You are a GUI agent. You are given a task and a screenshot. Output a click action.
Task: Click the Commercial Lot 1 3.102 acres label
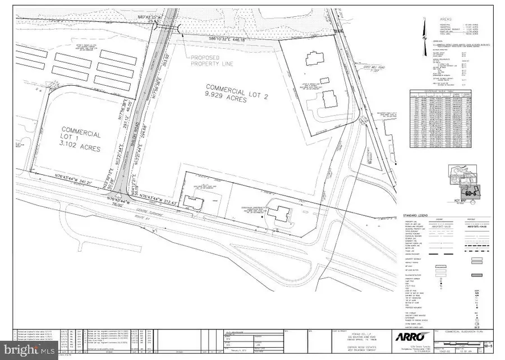(x=81, y=141)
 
